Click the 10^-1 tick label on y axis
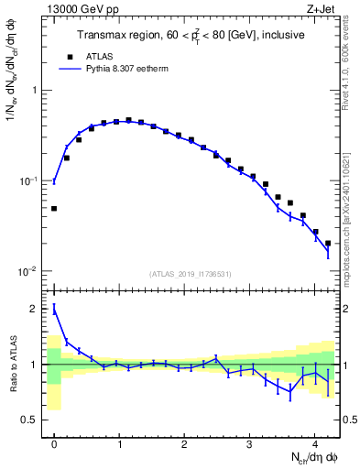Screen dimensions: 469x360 (29, 180)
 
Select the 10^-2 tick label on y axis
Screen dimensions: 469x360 (29, 271)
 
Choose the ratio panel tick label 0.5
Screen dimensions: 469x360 (30, 420)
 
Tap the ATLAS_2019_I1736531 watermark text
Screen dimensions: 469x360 (191, 274)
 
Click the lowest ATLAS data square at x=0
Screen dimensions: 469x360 (54, 209)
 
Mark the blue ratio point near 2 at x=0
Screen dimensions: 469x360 (54, 311)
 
